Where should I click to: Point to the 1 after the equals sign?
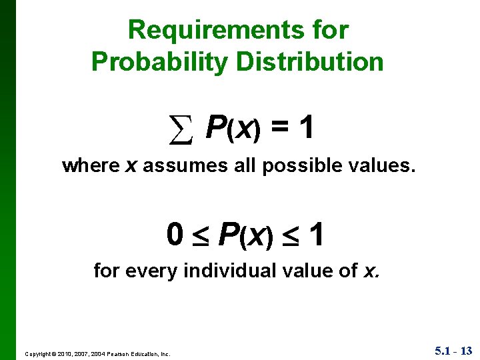306,127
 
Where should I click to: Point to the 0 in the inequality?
175,235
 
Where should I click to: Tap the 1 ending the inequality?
317,235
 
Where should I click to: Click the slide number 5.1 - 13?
453,350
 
